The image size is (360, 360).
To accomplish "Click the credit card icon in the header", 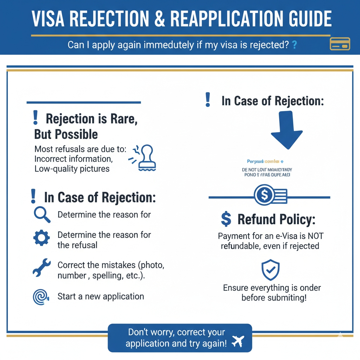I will (340, 45).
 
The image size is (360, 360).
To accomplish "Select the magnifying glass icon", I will (41, 214).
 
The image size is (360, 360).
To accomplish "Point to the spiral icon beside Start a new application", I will (41, 297).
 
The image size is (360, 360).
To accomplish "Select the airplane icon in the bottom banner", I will (238, 341).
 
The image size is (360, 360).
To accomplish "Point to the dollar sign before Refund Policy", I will (226, 219).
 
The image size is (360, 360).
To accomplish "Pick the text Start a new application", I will (101, 296).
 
